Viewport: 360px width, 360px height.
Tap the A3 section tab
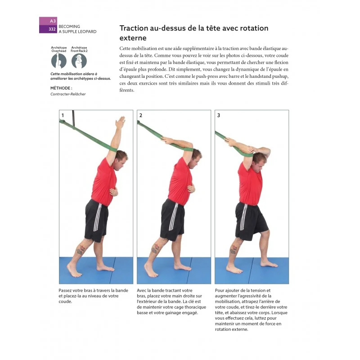coord(53,21)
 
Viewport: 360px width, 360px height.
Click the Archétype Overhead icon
coord(59,60)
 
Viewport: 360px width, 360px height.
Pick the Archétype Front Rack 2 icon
coord(79,60)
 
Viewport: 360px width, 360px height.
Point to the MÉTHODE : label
coord(61,88)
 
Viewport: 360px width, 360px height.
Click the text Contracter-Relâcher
coord(68,94)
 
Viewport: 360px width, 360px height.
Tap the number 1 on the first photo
coord(63,115)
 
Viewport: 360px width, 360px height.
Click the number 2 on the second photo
coord(141,115)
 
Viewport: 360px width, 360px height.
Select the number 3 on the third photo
coord(219,115)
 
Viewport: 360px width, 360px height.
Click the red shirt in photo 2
coord(180,182)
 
